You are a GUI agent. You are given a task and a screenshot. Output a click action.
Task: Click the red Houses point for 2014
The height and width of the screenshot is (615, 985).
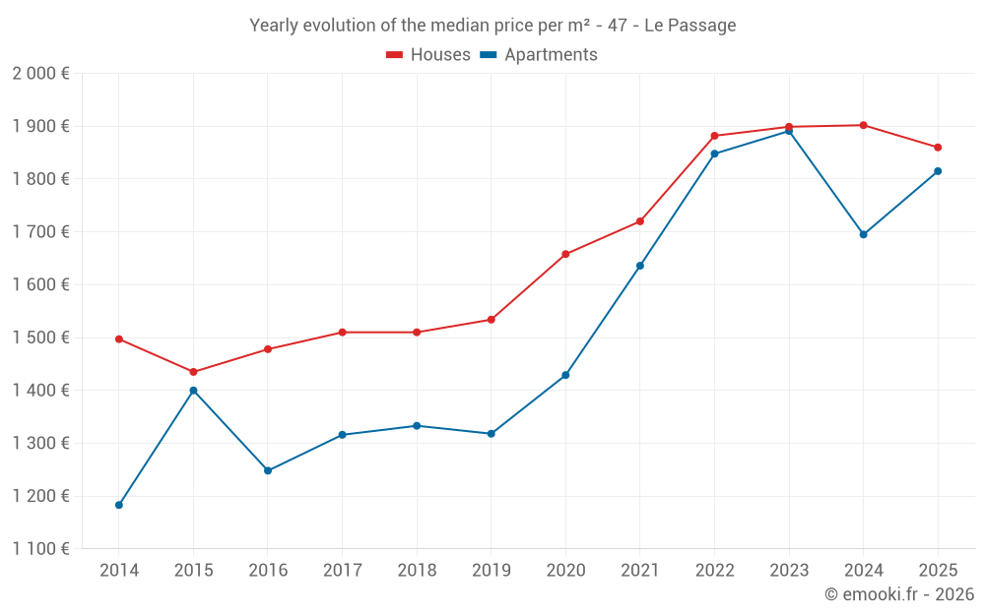[119, 338]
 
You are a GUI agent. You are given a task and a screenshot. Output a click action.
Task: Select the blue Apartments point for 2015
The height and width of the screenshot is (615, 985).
[193, 391]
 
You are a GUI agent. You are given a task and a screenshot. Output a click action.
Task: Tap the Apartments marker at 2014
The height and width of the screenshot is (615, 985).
[119, 505]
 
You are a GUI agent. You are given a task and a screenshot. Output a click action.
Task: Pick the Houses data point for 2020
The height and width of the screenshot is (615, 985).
[565, 254]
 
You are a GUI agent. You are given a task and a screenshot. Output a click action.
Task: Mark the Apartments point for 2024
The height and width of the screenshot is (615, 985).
[864, 234]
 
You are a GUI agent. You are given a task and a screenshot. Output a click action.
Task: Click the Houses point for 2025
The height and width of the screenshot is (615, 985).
[938, 148]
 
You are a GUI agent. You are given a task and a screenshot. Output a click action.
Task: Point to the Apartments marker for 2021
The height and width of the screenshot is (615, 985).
[640, 266]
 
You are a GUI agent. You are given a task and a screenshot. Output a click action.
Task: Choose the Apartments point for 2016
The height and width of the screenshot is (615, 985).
[268, 470]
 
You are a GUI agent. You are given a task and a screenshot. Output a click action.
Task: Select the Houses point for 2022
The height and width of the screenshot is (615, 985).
[714, 136]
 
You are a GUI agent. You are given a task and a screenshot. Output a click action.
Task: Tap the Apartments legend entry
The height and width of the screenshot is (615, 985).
[539, 55]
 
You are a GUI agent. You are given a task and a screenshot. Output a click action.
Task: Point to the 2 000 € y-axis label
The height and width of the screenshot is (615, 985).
[40, 74]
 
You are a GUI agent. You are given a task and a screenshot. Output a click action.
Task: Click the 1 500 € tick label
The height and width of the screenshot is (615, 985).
[40, 338]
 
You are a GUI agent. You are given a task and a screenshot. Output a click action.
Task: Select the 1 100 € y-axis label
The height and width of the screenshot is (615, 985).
[40, 549]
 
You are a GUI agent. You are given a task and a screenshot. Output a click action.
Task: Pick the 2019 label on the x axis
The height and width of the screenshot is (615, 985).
[491, 570]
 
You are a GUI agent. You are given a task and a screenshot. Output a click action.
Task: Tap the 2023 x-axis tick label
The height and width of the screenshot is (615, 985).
[789, 570]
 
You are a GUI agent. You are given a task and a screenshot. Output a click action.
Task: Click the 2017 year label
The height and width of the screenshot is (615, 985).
[342, 570]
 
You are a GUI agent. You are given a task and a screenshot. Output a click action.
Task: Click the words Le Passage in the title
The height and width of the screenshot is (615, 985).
[689, 26]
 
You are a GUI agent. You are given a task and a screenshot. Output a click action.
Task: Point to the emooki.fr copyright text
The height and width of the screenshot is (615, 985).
[899, 594]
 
